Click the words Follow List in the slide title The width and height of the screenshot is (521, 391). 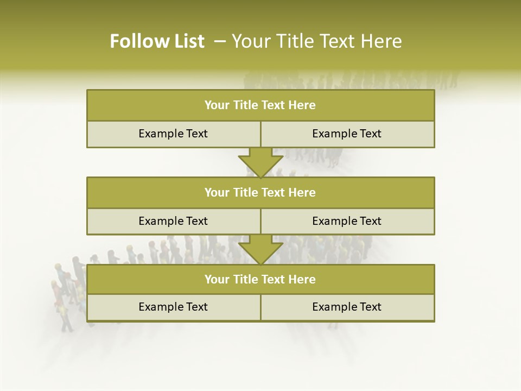157,41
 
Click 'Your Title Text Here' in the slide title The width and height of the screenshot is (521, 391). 316,41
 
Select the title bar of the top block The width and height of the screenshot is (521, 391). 260,105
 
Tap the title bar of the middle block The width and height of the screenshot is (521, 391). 260,193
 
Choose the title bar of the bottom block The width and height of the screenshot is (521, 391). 260,280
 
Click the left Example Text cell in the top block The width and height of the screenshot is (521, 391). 173,134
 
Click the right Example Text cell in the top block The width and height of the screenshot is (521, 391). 347,134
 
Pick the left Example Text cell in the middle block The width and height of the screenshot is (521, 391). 173,222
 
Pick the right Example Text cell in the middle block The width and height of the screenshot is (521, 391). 347,222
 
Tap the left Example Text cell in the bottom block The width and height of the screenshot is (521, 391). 173,307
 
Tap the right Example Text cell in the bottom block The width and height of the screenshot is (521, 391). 347,307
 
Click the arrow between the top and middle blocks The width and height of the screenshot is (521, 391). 260,162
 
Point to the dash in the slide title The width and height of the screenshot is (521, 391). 220,41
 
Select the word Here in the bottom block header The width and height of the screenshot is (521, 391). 302,280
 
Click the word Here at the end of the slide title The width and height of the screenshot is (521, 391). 382,41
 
